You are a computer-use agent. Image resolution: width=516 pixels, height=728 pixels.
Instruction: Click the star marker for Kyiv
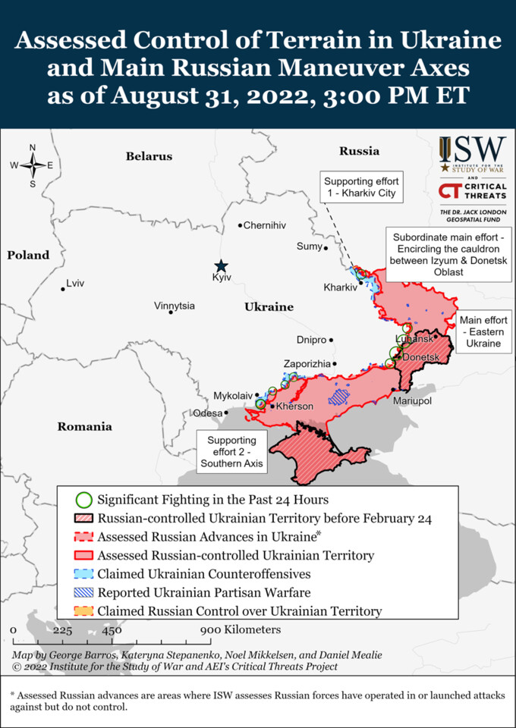coord(221,265)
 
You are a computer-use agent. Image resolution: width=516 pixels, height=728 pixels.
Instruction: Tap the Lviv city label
coord(75,283)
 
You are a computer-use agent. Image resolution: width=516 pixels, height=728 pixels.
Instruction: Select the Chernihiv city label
coord(265,225)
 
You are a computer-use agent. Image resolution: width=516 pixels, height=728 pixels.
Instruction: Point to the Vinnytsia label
coord(175,306)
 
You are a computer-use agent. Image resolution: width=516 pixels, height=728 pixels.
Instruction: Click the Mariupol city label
coord(412,400)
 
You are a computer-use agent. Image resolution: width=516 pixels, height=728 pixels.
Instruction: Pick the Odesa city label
coord(208,413)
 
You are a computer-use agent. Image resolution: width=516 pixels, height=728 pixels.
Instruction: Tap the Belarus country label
coord(149,156)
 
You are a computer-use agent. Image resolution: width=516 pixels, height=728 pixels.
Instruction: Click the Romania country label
coord(84,426)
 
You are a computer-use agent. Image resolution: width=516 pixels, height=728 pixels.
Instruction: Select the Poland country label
coord(28,255)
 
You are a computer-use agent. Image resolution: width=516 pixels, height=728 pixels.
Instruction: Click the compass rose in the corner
coord(33,165)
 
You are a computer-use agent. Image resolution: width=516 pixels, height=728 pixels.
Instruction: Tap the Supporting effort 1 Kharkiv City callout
coord(360,187)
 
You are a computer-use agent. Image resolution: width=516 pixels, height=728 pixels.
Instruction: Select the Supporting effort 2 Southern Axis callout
coord(231,452)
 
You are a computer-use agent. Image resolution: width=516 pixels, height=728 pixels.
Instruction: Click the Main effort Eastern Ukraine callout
coord(483,331)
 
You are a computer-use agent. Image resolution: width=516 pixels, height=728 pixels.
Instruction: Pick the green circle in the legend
coord(85,500)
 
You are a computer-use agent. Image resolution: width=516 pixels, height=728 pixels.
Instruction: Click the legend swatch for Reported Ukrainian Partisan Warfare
coord(85,592)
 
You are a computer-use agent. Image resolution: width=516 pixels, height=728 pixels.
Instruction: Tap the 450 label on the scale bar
coord(112,630)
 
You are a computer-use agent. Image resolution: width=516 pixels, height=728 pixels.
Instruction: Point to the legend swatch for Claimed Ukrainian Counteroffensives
coord(85,574)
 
